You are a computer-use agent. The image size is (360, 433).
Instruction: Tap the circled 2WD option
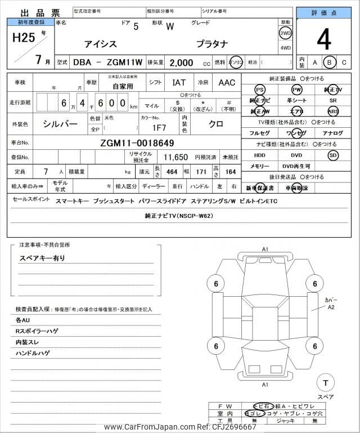pyautogui.click(x=285, y=33)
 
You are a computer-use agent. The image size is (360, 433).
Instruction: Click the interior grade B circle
pyautogui.click(x=330, y=62)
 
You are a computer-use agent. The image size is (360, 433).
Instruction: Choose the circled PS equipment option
pyautogui.click(x=259, y=90)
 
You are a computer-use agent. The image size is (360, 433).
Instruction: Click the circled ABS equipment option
pyautogui.click(x=334, y=111)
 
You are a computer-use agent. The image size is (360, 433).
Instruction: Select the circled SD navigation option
pyautogui.click(x=334, y=155)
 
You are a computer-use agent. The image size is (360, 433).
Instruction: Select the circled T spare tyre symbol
pyautogui.click(x=325, y=383)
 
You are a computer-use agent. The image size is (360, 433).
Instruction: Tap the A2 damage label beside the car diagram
pyautogui.click(x=331, y=307)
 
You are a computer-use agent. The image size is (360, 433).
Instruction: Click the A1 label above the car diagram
pyautogui.click(x=265, y=249)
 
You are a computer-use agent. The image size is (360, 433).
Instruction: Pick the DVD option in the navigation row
pyautogui.click(x=296, y=155)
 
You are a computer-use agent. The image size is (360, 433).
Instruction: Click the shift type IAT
pyautogui.click(x=178, y=82)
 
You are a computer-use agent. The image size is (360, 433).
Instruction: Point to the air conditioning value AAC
pyautogui.click(x=227, y=82)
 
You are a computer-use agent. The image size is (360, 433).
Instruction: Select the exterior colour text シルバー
pyautogui.click(x=61, y=123)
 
